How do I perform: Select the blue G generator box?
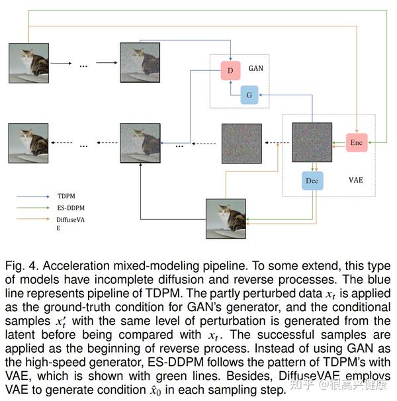[249, 95]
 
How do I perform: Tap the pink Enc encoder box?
[356, 142]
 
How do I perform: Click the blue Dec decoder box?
[312, 180]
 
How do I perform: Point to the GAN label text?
[256, 68]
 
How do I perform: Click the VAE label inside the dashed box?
[356, 180]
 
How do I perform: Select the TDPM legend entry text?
[66, 197]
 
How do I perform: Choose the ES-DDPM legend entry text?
[70, 210]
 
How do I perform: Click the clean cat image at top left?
[28, 64]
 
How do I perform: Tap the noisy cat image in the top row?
[140, 64]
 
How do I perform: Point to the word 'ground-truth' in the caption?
[88, 307]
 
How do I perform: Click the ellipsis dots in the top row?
[84, 65]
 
